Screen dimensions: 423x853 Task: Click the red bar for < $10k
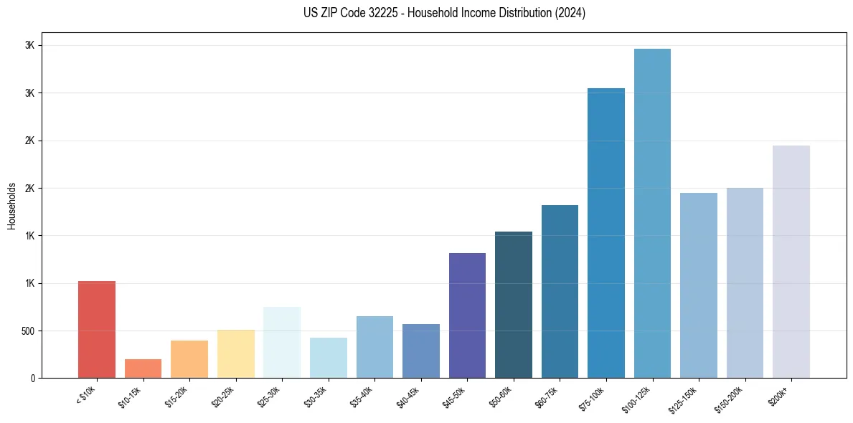coord(97,329)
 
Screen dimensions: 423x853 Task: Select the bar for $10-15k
coord(143,369)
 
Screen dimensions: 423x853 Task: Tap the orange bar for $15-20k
coord(189,359)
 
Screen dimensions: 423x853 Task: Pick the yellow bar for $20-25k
coord(236,353)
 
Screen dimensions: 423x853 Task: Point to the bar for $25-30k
coord(282,342)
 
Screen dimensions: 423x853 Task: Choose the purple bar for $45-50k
coord(467,315)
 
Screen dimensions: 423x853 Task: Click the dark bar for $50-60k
coord(514,305)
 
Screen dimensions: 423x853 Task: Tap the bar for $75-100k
coord(606,233)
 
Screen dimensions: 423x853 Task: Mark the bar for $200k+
coord(791,262)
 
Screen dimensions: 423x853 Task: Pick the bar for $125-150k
coord(699,285)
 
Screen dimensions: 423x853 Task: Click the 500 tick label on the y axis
coord(28,331)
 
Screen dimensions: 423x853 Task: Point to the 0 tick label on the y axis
coord(33,379)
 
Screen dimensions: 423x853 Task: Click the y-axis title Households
coord(11,206)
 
